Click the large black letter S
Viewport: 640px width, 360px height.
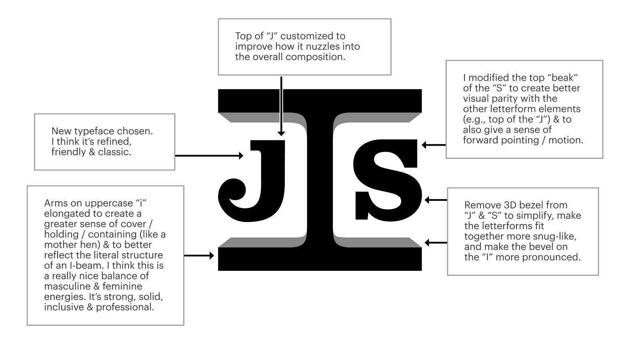pos(386,180)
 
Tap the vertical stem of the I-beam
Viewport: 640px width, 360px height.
pos(320,180)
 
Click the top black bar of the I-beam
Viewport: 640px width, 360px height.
pos(320,100)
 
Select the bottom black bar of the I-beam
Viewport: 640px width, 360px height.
pos(320,259)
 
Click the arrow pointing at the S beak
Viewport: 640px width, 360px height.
pos(434,145)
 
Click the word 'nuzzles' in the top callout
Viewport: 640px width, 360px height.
pos(323,46)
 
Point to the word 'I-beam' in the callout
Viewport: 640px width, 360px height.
pos(80,266)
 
